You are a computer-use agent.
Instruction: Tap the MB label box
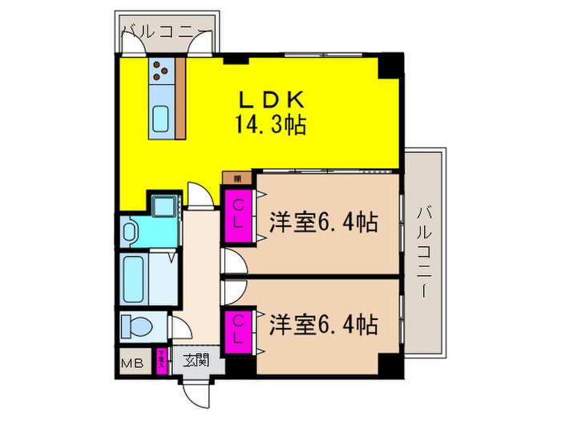coord(132,363)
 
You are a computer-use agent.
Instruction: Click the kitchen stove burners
coord(160,71)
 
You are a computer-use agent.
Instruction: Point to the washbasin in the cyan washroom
coord(132,233)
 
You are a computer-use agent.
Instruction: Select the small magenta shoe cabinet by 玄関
coord(162,362)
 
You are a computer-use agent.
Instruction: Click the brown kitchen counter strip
coord(180,96)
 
